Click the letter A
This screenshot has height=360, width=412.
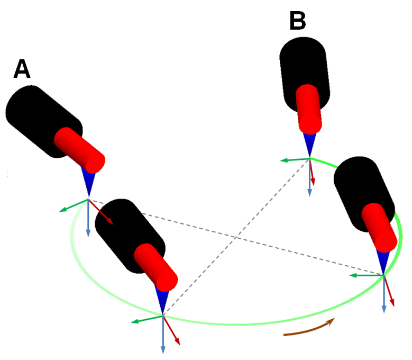(x=22, y=69)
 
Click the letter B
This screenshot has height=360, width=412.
(x=298, y=22)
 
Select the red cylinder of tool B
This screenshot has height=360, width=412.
(x=309, y=109)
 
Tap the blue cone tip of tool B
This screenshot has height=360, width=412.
(x=309, y=145)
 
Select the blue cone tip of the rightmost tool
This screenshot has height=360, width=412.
(x=382, y=260)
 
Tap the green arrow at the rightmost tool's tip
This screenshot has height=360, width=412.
(x=365, y=275)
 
